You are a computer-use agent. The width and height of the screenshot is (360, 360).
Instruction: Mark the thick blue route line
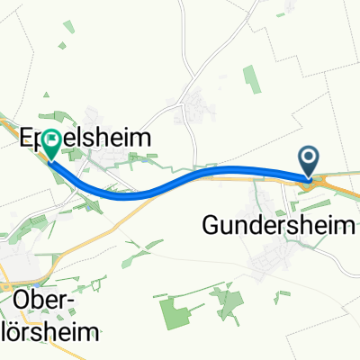click(180, 177)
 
